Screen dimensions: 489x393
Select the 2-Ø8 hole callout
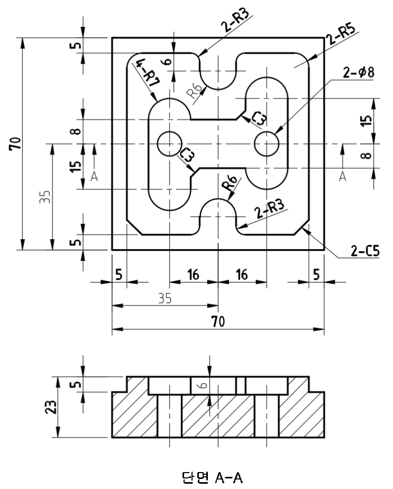coord(358,73)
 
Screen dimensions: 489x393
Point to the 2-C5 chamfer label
coord(364,250)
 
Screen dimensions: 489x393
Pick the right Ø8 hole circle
coord(267,143)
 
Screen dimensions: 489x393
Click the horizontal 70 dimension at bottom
coord(217,321)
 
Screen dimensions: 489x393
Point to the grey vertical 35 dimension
coord(45,198)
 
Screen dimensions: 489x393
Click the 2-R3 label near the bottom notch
coord(268,211)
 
